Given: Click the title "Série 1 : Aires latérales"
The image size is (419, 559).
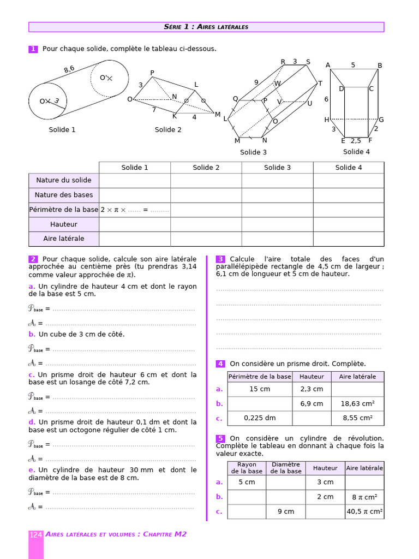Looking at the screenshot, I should (206, 27).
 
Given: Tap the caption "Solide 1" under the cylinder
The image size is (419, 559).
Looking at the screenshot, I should (62, 130).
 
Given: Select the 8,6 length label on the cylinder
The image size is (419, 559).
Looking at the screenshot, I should (69, 69).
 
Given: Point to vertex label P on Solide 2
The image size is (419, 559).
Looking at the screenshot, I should (152, 73).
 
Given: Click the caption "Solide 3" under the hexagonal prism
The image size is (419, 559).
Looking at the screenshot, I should (254, 152).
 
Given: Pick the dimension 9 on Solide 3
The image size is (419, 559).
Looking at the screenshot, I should (256, 82).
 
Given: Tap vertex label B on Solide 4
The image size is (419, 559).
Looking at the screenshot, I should (380, 66).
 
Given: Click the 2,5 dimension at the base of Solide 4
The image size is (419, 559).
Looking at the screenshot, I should (356, 141).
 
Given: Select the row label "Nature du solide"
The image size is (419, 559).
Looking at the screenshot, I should (64, 180).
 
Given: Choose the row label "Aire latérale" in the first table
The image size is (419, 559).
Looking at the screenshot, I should (64, 239).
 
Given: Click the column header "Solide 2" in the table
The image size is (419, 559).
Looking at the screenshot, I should (206, 168).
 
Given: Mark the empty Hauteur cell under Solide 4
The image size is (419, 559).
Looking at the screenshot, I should (349, 224).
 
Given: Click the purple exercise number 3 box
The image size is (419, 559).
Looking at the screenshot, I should (221, 259).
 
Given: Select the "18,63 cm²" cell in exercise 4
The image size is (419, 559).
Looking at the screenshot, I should (357, 404).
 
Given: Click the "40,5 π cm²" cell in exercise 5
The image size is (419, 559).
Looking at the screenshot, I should (364, 512).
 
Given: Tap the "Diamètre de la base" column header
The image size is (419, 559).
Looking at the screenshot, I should (286, 468).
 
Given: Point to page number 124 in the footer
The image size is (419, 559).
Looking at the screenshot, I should (36, 534).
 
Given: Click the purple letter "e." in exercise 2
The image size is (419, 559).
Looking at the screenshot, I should (32, 470).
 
